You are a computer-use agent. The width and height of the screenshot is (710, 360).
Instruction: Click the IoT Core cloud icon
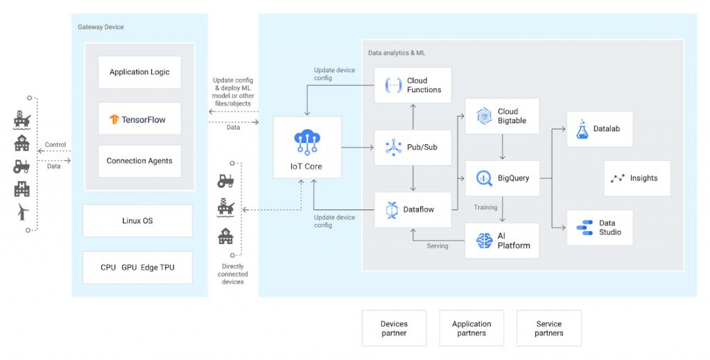point(306,142)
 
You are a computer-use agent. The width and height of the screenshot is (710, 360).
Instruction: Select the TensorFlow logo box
point(139,119)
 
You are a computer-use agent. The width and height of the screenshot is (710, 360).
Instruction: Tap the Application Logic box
point(139,72)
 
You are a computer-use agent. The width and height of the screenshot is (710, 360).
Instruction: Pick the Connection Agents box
point(139,161)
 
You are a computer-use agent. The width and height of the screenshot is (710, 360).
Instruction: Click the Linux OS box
point(137,221)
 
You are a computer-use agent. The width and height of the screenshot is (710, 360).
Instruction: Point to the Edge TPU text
point(157,267)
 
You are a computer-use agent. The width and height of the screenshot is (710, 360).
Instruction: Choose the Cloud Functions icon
point(393,85)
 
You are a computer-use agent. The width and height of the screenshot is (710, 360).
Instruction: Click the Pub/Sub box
point(413,147)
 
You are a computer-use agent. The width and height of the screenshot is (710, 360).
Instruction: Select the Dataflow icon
point(392,209)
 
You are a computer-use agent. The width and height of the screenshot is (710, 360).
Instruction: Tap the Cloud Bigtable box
point(502,116)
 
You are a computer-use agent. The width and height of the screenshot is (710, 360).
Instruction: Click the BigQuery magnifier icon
point(483,178)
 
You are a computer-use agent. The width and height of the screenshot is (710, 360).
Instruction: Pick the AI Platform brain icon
point(484,241)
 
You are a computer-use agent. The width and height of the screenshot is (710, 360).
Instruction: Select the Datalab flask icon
point(582,129)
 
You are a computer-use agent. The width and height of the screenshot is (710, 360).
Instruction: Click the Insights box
point(637,178)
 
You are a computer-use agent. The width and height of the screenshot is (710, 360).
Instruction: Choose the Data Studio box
point(599,228)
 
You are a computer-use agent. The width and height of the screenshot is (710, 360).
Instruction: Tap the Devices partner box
point(394,328)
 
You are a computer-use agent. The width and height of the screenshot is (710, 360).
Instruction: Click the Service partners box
point(548,328)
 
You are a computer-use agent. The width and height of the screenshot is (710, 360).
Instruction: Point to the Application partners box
point(471,328)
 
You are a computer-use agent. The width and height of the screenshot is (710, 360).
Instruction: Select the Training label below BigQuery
point(485,207)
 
